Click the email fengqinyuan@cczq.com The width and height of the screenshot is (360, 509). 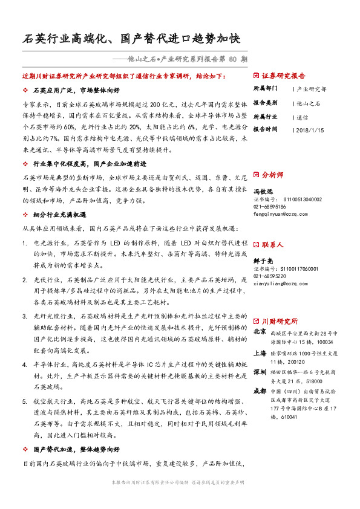tap(284, 212)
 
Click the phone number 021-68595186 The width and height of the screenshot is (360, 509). tap(270, 206)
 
